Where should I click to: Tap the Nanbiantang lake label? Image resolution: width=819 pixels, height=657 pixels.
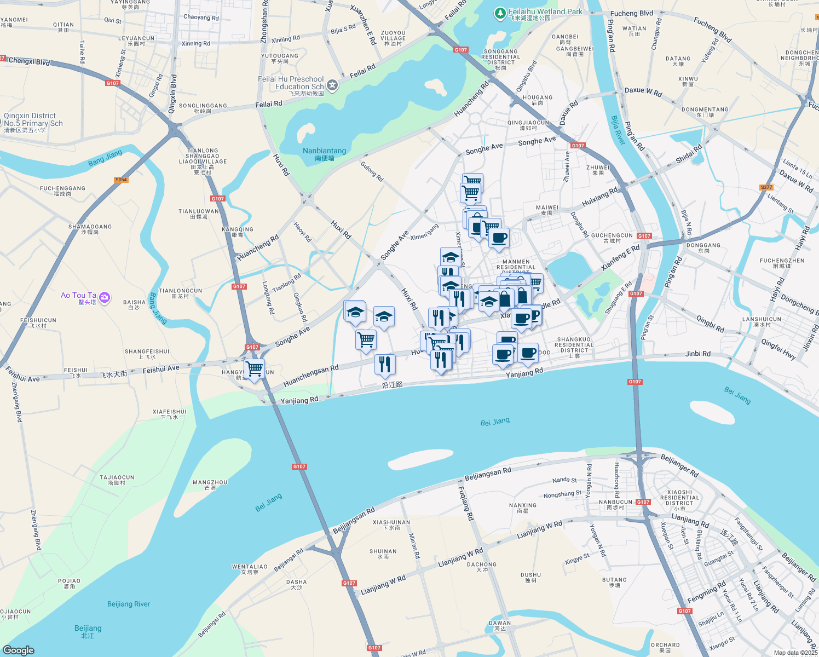(x=324, y=153)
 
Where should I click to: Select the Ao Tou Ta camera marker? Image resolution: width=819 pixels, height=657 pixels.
(x=105, y=298)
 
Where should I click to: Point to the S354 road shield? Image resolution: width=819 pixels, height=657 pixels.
(x=121, y=180)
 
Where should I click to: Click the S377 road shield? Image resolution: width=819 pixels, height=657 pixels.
(x=766, y=187)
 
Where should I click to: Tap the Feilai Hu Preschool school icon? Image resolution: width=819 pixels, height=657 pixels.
(x=332, y=85)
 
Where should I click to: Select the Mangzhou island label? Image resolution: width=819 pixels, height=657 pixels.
(x=210, y=485)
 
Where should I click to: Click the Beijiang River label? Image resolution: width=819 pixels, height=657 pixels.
(x=129, y=604)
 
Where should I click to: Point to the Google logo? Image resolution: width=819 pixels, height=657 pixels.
(x=19, y=650)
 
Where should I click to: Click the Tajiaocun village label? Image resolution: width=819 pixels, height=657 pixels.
(x=117, y=480)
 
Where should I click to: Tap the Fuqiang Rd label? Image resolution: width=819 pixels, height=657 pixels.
(x=465, y=503)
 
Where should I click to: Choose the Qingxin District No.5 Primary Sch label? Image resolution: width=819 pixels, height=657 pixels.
(x=33, y=123)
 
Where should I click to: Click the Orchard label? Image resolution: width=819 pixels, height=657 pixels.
(x=665, y=647)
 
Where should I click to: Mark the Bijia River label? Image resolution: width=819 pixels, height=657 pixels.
(x=618, y=130)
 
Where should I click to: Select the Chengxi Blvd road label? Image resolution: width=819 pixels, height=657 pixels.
(x=29, y=61)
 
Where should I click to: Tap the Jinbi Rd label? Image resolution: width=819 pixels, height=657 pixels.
(x=698, y=354)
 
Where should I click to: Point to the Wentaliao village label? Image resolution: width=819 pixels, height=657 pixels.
(x=250, y=569)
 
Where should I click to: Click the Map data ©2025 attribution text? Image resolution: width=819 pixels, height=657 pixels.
(x=795, y=653)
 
